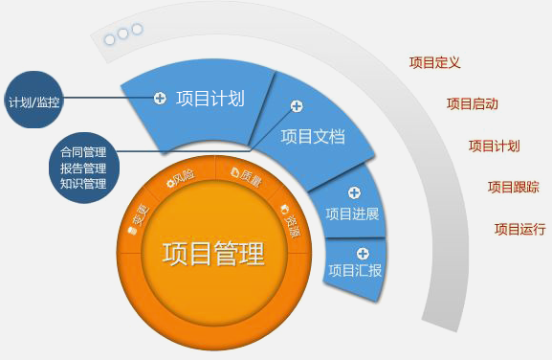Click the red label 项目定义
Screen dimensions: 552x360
434,62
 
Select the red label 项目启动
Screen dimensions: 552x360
472,104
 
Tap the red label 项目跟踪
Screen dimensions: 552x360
514,187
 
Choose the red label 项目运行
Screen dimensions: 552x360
520,229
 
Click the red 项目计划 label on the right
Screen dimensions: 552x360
495,146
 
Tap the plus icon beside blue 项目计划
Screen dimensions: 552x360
160,98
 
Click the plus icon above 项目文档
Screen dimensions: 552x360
297,105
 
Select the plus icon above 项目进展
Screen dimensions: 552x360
354,192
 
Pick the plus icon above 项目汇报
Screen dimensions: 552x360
363,254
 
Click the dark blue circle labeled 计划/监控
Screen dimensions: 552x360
33,100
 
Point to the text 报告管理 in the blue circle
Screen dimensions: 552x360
83,169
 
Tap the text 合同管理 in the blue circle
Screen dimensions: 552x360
83,152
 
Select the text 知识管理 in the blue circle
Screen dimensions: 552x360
83,184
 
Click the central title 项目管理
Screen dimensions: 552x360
213,253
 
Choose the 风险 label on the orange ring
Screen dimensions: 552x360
181,178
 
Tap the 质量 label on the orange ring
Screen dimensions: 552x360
247,177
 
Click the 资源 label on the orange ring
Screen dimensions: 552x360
291,221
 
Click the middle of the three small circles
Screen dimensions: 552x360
122,34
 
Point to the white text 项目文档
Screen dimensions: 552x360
313,136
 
